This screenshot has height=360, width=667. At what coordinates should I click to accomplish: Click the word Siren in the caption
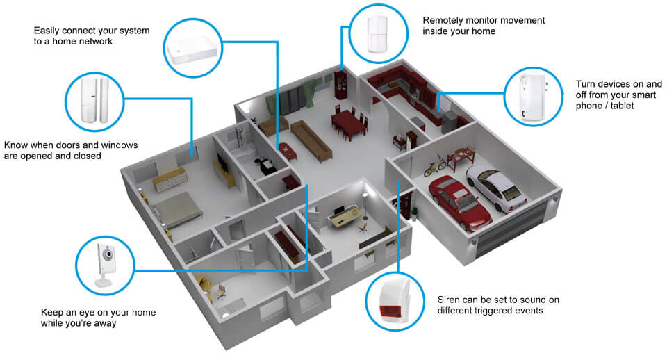pyautogui.click(x=449, y=300)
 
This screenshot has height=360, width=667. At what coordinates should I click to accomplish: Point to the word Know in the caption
pyautogui.click(x=16, y=145)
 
